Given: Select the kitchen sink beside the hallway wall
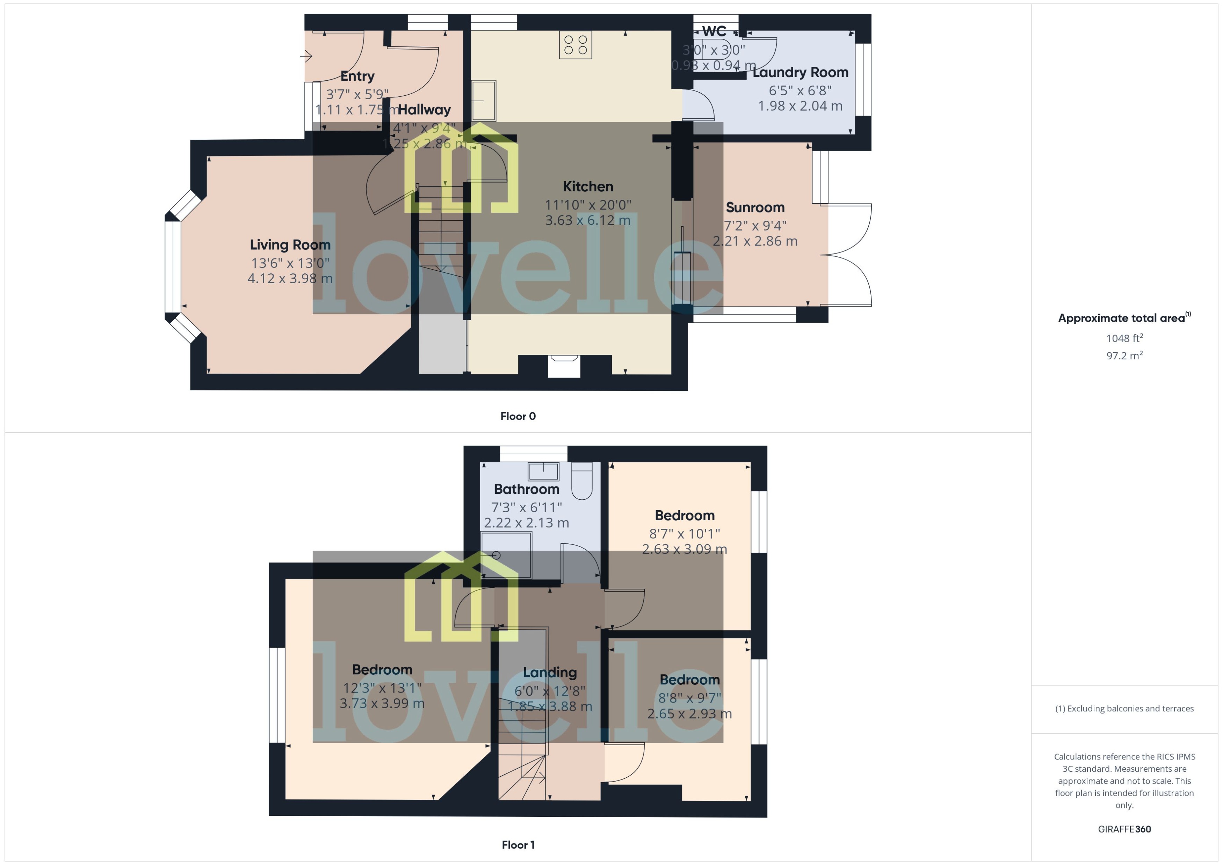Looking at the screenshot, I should pos(483,100).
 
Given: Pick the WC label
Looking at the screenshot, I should pos(714,31).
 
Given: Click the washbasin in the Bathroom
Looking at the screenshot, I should pos(543,471).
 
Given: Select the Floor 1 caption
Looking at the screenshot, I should pos(518,845).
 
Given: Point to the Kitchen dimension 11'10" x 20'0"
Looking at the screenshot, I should pos(587,205).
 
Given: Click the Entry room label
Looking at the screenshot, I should pos(357,76).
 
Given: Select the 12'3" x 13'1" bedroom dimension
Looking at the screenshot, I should pos(382,688).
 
